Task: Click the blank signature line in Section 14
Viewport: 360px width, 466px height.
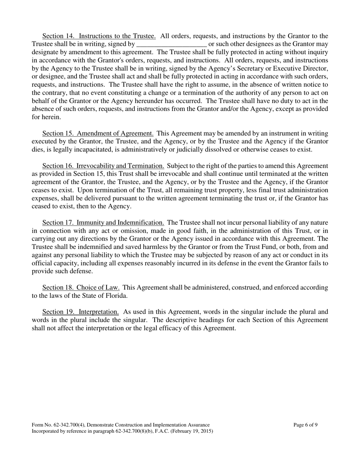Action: pyautogui.click(x=171, y=44)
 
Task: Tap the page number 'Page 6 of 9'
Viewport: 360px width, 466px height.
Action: pyautogui.click(x=305, y=425)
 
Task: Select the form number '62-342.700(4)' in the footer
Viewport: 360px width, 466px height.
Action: pyautogui.click(x=70, y=425)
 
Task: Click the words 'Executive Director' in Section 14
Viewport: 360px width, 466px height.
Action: pyautogui.click(x=302, y=68)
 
